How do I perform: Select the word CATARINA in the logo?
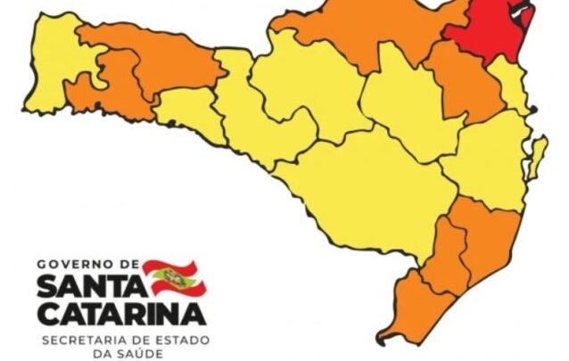click(x=121, y=313)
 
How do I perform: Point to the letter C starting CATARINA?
click(x=50, y=313)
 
